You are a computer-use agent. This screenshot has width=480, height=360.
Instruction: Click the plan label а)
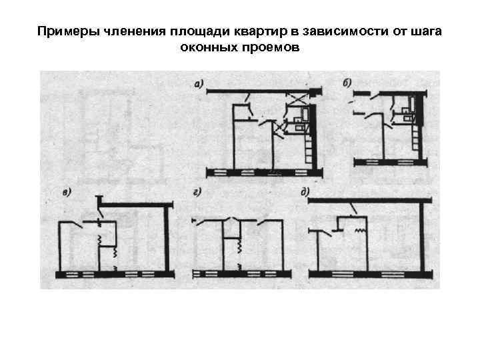[198, 84]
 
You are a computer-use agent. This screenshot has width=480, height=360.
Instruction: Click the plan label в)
[67, 193]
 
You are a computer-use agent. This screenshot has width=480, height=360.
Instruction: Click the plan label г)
[198, 193]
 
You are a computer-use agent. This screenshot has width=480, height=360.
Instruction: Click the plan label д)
[305, 193]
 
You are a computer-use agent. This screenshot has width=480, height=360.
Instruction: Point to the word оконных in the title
[205, 48]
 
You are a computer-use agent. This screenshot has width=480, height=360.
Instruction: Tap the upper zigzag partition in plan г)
[237, 247]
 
